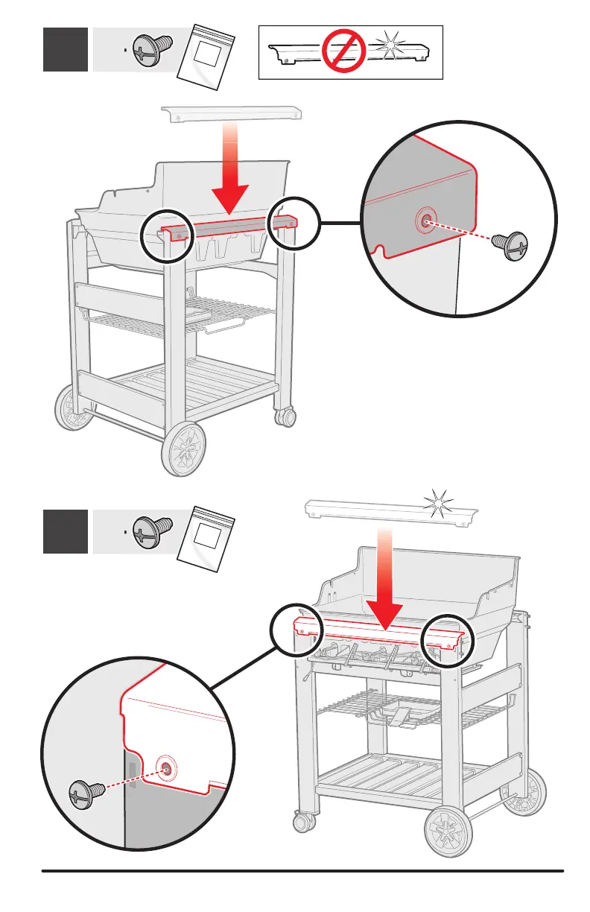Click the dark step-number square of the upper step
(x=66, y=49)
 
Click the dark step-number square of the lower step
(x=66, y=531)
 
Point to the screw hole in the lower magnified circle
(x=165, y=767)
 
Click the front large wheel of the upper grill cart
(x=182, y=450)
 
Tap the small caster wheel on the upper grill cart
(x=285, y=417)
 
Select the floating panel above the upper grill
(x=231, y=113)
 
